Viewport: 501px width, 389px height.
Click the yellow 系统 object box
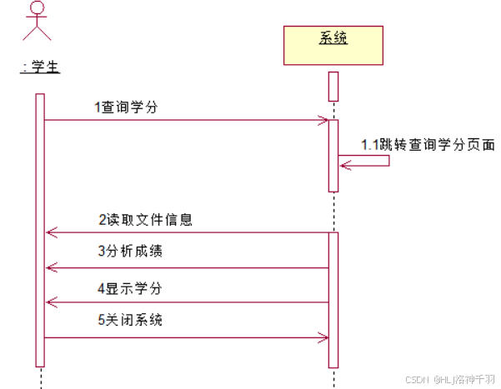click(x=333, y=45)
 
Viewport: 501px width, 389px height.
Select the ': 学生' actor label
click(x=40, y=67)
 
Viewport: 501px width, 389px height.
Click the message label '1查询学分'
click(x=126, y=107)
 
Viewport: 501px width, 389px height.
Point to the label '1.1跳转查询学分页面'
click(x=428, y=144)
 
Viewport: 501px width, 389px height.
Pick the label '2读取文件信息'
click(x=145, y=220)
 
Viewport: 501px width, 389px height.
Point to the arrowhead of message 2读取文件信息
click(x=50, y=232)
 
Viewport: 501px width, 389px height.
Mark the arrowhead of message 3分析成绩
click(x=50, y=267)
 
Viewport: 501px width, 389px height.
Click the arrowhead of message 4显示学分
click(x=50, y=302)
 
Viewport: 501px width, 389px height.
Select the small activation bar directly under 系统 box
click(x=333, y=87)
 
